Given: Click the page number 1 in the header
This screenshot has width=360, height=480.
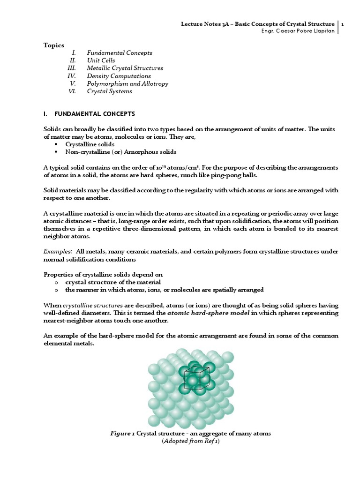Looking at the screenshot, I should [343, 24].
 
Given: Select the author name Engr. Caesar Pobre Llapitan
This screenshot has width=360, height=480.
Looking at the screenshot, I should [297, 31].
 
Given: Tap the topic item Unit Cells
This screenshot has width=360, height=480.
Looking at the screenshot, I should [101, 60].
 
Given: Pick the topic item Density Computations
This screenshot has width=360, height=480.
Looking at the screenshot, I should [119, 76].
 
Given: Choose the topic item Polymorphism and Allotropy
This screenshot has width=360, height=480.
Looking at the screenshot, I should [127, 83].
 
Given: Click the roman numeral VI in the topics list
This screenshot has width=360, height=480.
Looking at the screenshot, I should [72, 91].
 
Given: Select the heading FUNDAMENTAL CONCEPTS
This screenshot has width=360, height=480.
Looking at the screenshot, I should [95, 114].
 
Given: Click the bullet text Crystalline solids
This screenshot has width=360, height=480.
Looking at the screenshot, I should [90, 144].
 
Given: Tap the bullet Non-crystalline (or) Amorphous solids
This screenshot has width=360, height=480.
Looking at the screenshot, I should [121, 152].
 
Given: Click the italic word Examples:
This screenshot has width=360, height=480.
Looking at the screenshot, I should [58, 252].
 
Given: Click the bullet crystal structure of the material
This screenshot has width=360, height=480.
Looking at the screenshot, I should [113, 282].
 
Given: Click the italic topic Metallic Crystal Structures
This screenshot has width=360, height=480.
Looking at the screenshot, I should [125, 68].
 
